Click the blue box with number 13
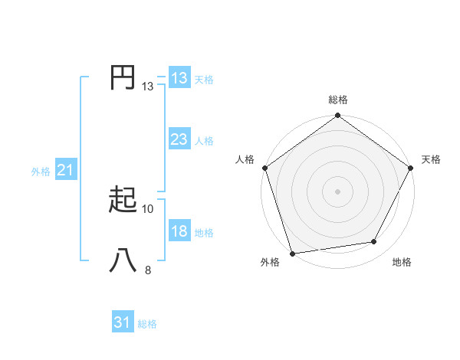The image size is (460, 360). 179,78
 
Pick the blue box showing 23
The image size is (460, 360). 179,139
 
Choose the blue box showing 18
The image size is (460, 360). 179,232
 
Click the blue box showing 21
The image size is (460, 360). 65,170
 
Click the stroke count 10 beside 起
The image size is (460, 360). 148,208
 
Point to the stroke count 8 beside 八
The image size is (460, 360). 148,270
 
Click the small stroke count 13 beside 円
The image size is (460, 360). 148,87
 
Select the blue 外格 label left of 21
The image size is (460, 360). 41,172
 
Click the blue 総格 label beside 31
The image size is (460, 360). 147,324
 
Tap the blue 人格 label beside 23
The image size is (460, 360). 204,141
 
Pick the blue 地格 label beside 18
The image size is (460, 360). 204,233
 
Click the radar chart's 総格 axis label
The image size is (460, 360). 338,100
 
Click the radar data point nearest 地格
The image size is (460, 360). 374,242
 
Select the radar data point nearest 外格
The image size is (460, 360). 292,254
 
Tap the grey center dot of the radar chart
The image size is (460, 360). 337,191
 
